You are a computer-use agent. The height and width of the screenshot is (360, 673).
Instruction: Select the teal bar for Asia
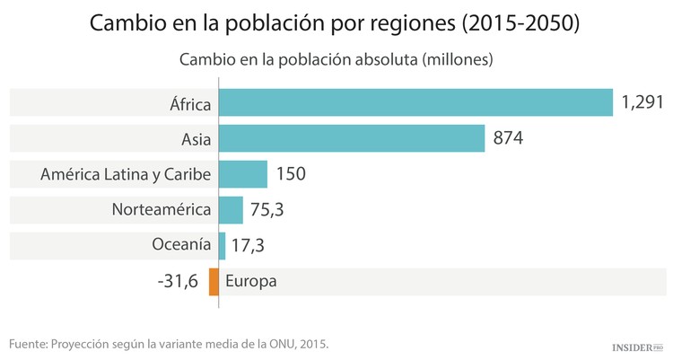click(351, 138)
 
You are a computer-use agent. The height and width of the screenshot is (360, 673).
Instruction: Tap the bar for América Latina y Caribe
click(243, 173)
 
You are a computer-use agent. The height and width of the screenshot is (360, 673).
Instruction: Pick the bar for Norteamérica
click(231, 209)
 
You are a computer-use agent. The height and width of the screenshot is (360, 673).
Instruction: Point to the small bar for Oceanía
click(222, 245)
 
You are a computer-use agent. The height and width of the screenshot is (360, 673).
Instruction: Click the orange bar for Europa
click(214, 281)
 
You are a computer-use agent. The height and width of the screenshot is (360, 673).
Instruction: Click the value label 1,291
click(642, 103)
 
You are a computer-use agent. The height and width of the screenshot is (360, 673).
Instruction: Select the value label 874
click(508, 139)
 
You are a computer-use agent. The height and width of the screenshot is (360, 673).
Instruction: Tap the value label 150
click(291, 174)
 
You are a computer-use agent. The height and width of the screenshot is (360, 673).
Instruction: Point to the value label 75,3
click(267, 210)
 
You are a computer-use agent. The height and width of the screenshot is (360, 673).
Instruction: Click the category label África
click(190, 104)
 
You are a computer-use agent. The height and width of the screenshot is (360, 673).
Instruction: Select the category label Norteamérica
click(162, 210)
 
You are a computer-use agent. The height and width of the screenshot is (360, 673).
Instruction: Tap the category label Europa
click(251, 281)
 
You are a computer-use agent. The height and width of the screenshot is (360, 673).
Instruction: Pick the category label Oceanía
click(182, 245)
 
